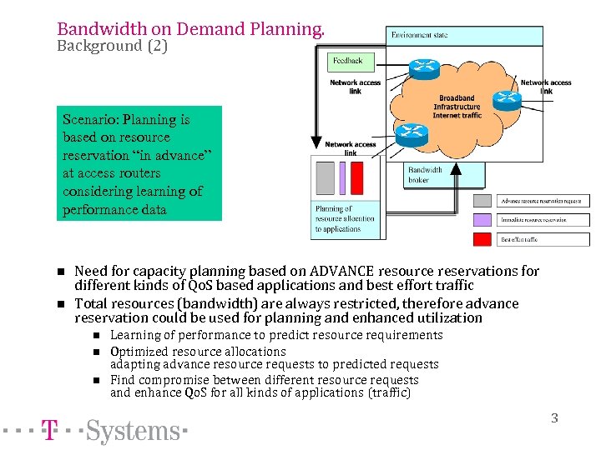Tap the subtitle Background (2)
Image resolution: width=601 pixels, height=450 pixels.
tap(112, 47)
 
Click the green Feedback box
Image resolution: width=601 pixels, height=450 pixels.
tap(348, 61)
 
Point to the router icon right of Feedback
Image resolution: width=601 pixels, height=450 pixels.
tap(425, 69)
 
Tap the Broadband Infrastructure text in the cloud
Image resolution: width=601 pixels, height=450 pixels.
tap(457, 102)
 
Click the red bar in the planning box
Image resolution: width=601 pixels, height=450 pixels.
tap(357, 177)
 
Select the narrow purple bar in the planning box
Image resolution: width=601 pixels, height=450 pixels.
tap(341, 177)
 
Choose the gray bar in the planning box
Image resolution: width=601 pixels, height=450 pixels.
tap(325, 177)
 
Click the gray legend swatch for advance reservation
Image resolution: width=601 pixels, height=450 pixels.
tap(482, 201)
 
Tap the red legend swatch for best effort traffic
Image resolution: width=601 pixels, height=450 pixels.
tap(482, 239)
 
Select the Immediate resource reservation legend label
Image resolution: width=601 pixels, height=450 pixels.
tap(533, 220)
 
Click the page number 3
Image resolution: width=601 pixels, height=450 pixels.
tap(554, 418)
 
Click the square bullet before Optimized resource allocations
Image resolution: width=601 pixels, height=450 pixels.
tap(96, 352)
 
